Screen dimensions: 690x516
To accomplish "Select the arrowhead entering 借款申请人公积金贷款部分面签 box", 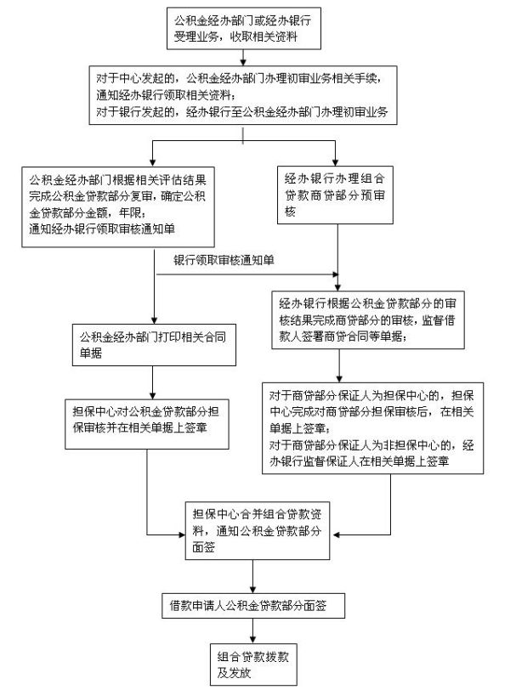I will (252, 589).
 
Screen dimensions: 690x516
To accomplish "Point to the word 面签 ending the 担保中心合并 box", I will (203, 548).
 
